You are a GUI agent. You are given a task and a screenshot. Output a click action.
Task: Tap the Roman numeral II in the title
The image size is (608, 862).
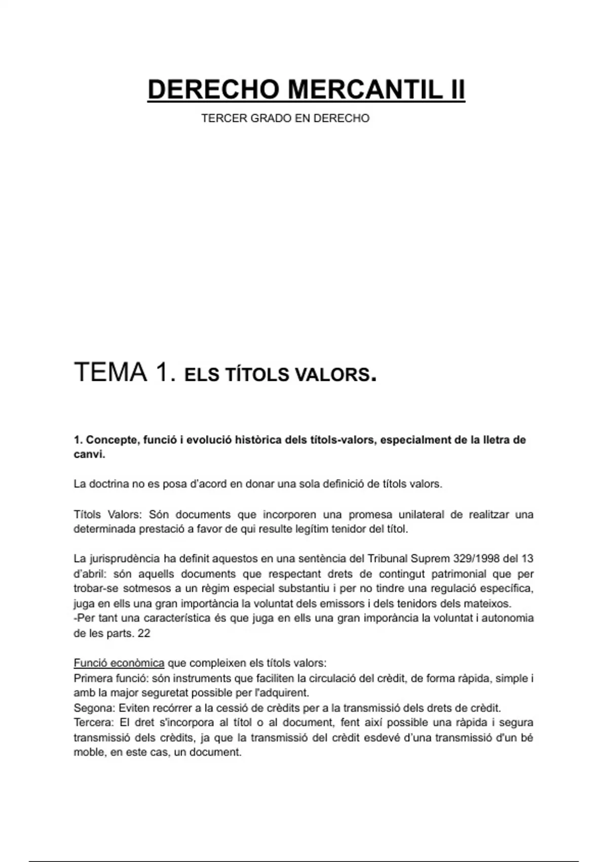[458, 90]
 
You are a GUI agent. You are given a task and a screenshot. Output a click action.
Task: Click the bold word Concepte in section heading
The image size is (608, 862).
[108, 440]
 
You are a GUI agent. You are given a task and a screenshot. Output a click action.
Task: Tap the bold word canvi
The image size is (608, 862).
[89, 454]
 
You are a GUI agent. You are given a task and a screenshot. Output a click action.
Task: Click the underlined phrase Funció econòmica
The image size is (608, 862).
[119, 663]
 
